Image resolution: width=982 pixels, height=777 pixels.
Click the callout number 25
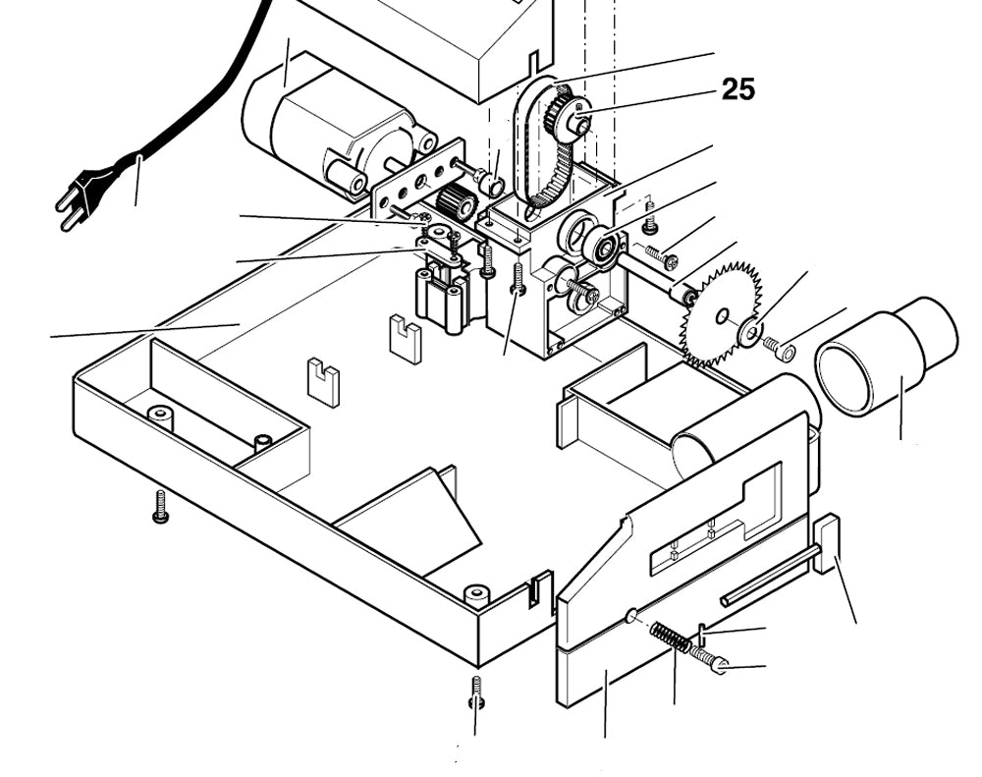[738, 89]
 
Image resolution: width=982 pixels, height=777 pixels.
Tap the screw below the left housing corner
[161, 505]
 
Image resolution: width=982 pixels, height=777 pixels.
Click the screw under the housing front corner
[477, 692]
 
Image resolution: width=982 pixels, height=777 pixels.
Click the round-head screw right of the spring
[707, 658]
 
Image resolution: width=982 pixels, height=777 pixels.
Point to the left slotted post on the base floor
[323, 383]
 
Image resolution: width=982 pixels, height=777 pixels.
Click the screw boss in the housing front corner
[477, 594]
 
